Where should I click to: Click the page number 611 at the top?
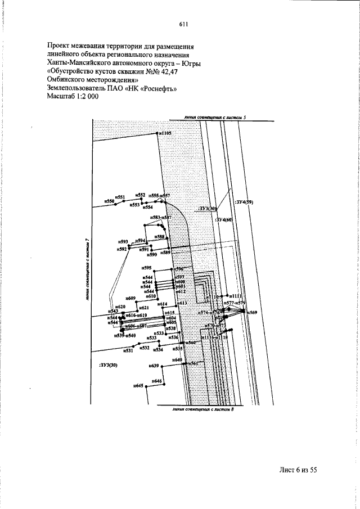pyautogui.click(x=183, y=24)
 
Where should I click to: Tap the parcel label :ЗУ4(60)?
pyautogui.click(x=224, y=220)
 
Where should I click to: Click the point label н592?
pyautogui.click(x=122, y=248)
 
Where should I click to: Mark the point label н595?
pyautogui.click(x=147, y=268)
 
